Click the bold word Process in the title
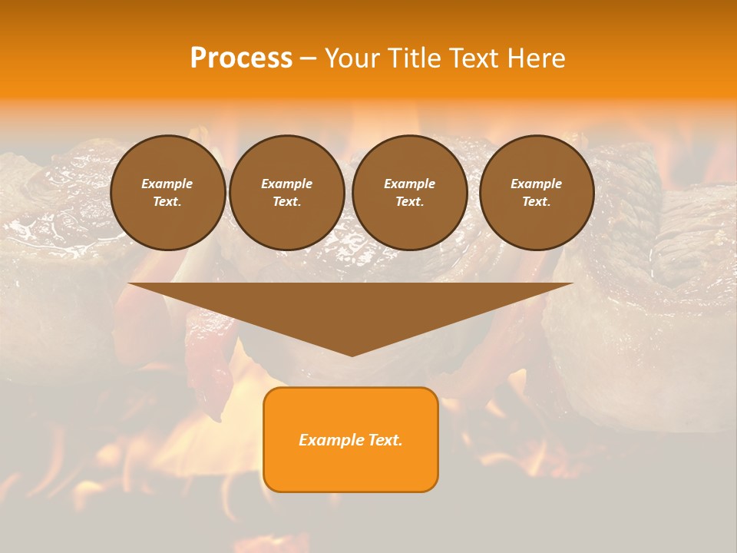[241, 58]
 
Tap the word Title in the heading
[412, 58]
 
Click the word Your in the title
[352, 58]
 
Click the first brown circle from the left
[168, 193]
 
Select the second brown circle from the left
[287, 193]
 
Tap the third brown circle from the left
[410, 193]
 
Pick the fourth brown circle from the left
[537, 193]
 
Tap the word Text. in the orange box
[383, 440]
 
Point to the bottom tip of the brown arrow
[352, 354]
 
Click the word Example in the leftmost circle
[167, 184]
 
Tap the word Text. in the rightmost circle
[536, 202]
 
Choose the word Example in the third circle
[409, 184]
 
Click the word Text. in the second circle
[286, 202]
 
